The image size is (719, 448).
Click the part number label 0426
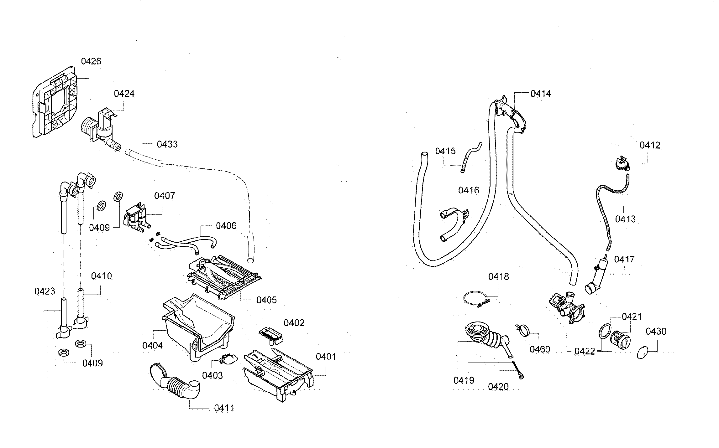(91, 61)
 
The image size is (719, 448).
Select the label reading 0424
(124, 94)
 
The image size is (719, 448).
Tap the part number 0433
(167, 144)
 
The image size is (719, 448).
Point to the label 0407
(165, 196)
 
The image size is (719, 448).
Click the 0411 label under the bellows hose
(224, 408)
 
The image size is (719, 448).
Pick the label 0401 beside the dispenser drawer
(326, 357)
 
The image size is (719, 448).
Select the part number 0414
(541, 94)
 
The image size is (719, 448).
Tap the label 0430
(656, 331)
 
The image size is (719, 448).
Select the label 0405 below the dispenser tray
(266, 300)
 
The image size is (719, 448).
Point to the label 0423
(45, 291)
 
